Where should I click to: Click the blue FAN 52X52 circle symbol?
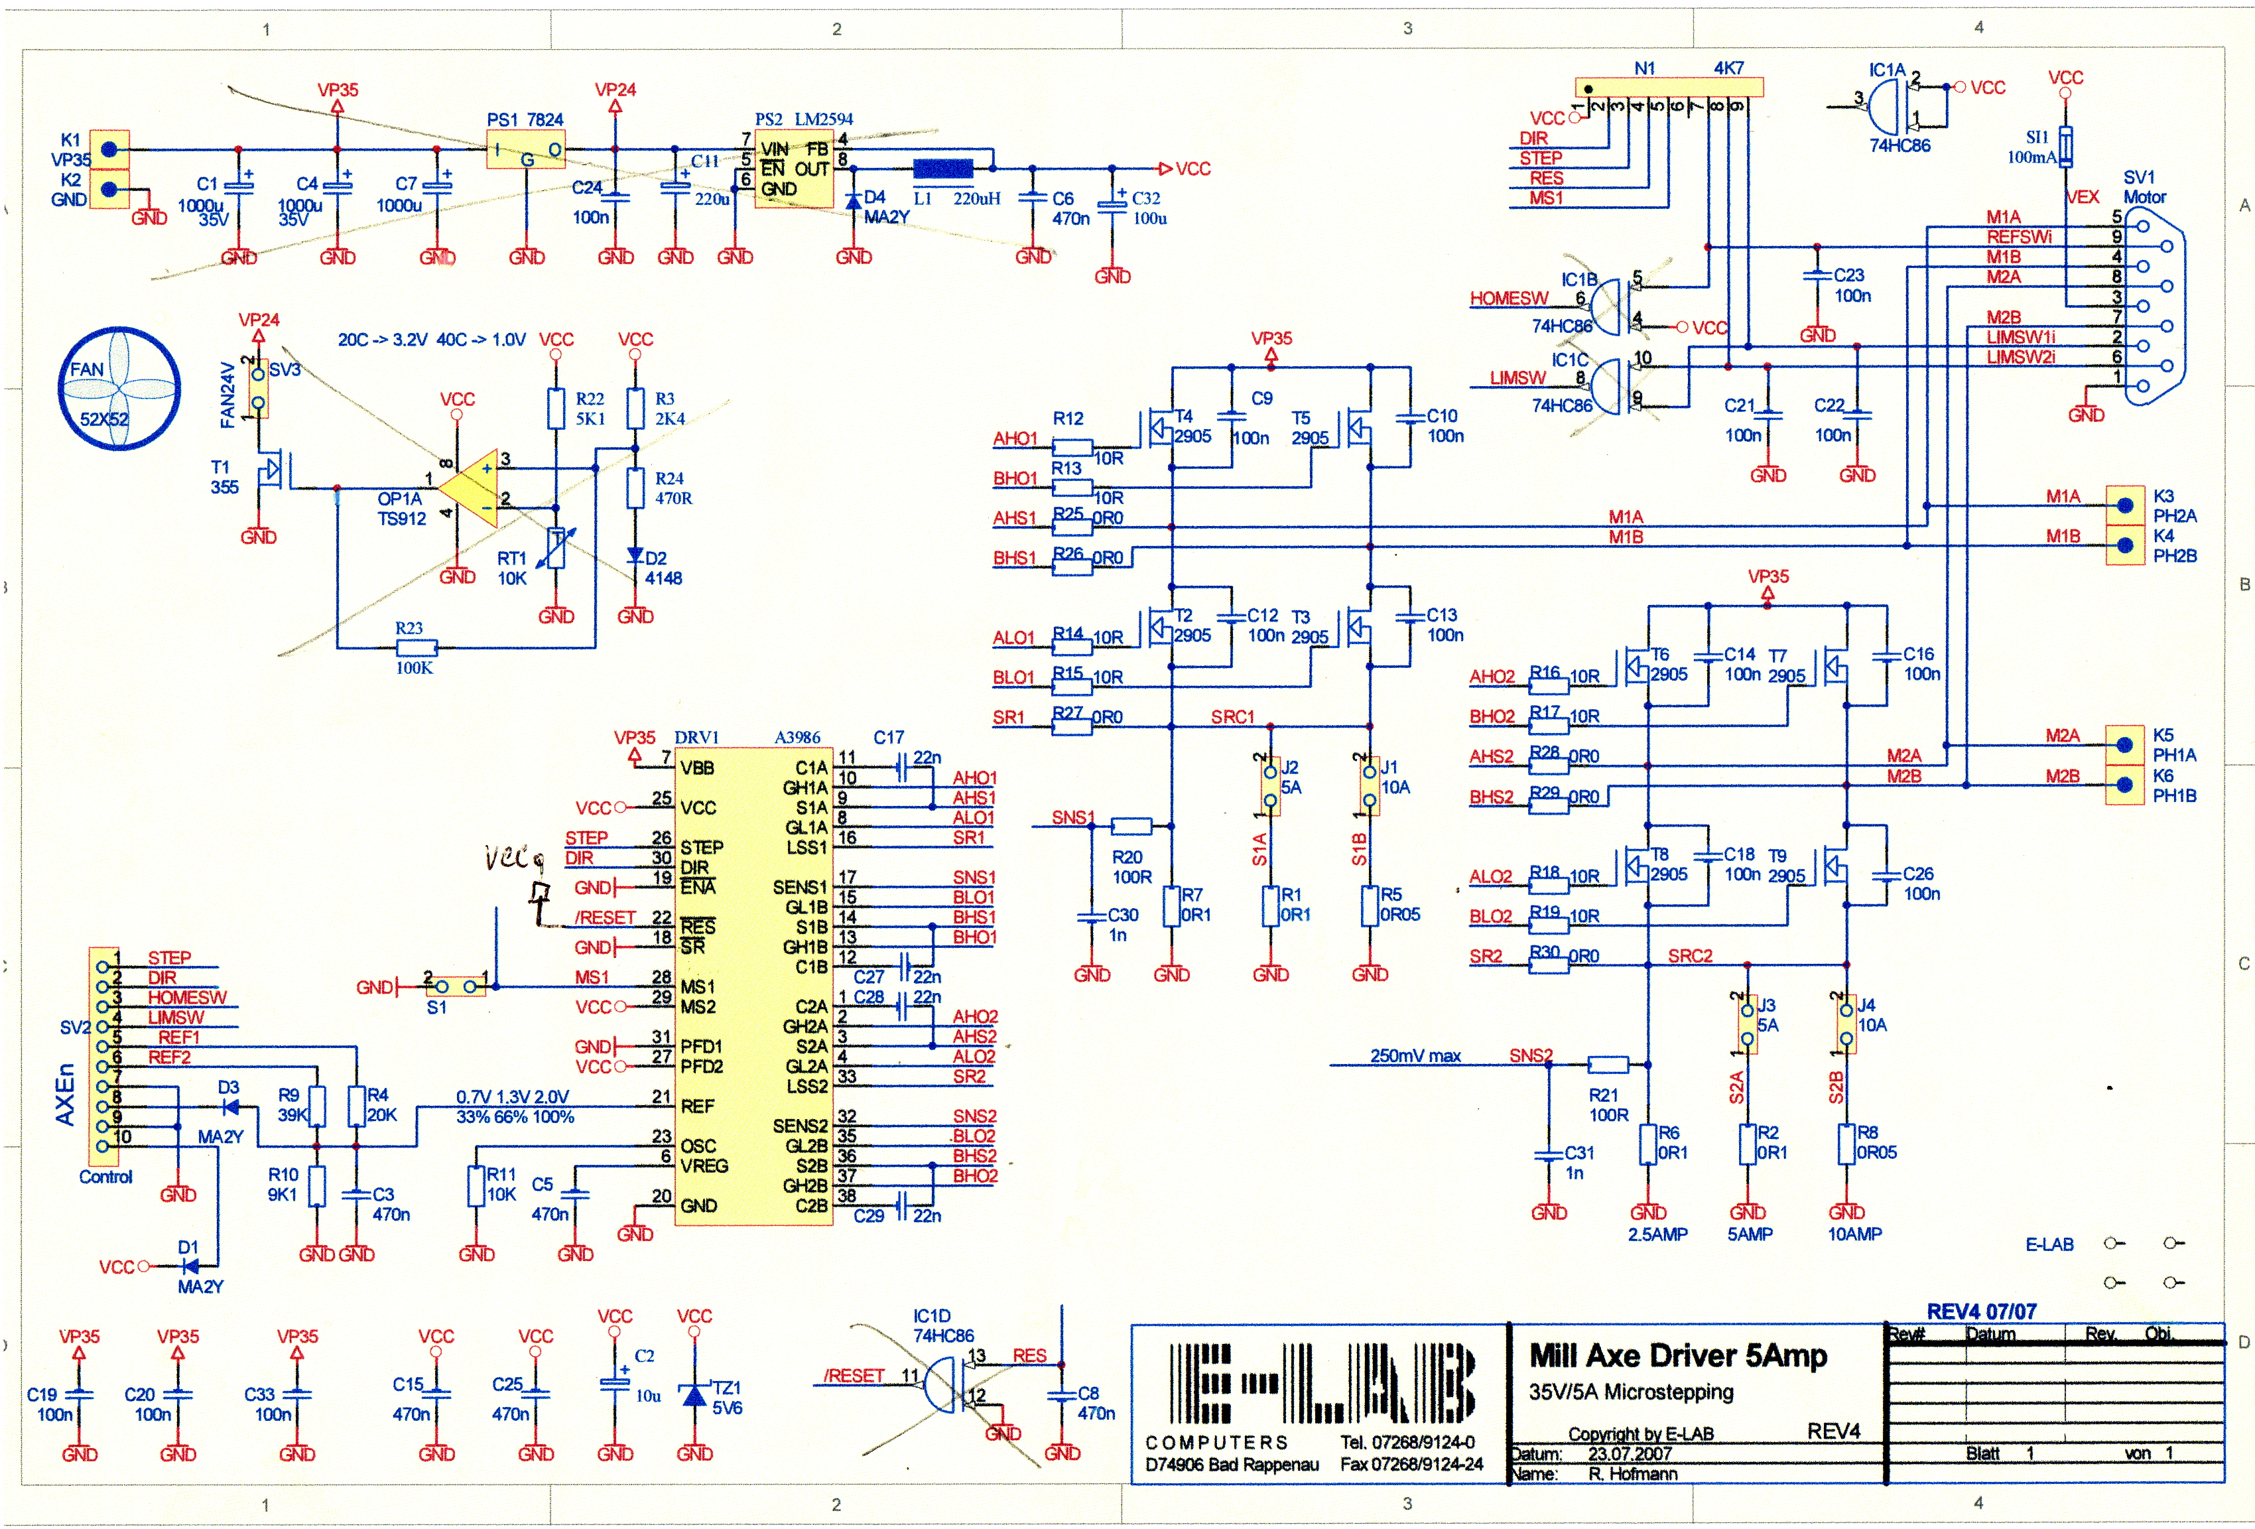[x=120, y=388]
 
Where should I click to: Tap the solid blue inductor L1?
[x=942, y=168]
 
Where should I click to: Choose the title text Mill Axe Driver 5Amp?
[x=1678, y=1355]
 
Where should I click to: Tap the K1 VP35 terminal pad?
[x=109, y=149]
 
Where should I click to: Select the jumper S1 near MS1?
[x=456, y=986]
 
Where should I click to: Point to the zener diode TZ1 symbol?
[x=694, y=1395]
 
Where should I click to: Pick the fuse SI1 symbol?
[x=2066, y=147]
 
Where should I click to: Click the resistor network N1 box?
[x=1669, y=88]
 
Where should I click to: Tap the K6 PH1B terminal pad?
[x=2124, y=785]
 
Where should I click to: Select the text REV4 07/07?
[x=1981, y=1311]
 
